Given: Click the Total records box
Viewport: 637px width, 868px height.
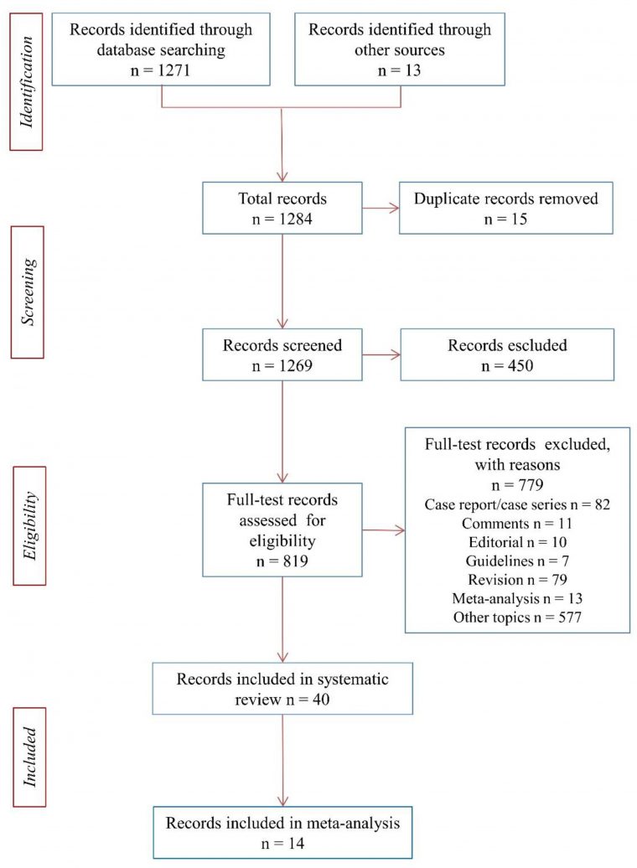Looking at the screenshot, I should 282,209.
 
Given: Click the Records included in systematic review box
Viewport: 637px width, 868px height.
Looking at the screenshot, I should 282,688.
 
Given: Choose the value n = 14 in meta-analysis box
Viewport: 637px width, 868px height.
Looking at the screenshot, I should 282,843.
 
